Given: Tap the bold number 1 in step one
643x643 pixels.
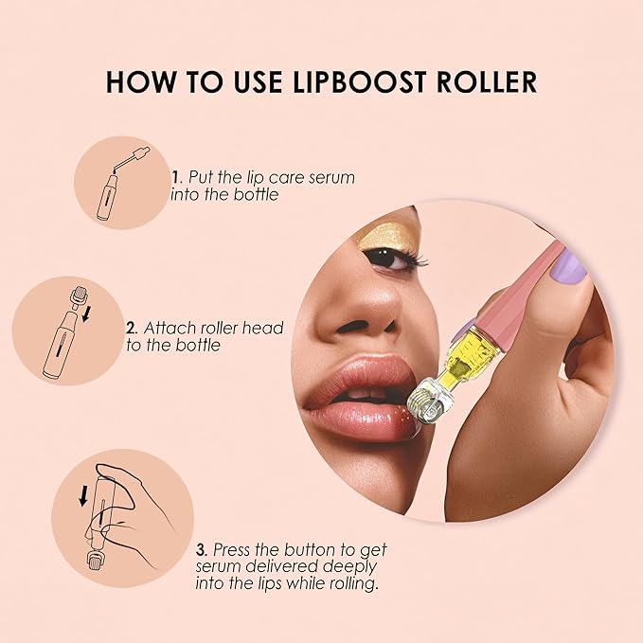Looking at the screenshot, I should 174,177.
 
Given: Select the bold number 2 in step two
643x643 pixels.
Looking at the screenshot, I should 130,329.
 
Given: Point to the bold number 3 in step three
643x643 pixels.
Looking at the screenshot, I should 202,549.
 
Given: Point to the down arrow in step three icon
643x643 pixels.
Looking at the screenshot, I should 83,496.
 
